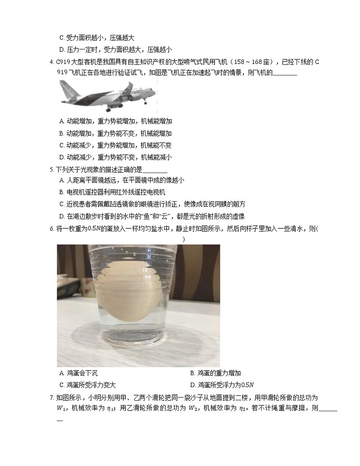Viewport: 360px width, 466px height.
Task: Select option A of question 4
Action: (116, 121)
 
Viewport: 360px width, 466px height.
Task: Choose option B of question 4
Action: (116, 133)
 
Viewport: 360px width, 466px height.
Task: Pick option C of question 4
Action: (116, 146)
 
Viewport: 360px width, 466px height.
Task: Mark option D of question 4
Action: (116, 157)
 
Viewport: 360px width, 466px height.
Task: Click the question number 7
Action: (52, 398)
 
